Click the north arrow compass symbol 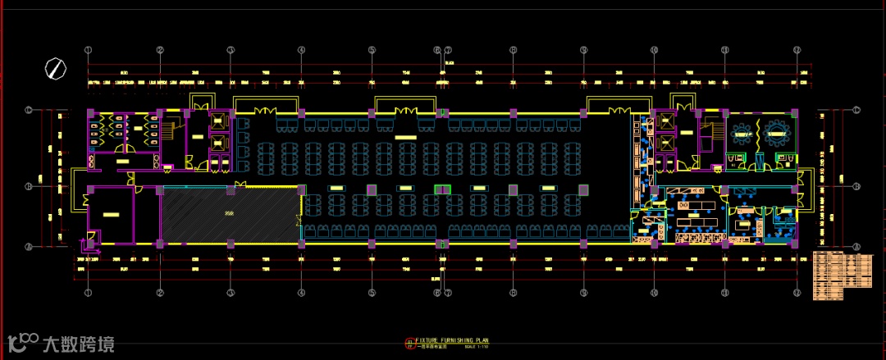pos(56,68)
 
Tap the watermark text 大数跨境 pos(79,344)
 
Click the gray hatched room pos(228,215)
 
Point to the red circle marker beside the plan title pos(409,343)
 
